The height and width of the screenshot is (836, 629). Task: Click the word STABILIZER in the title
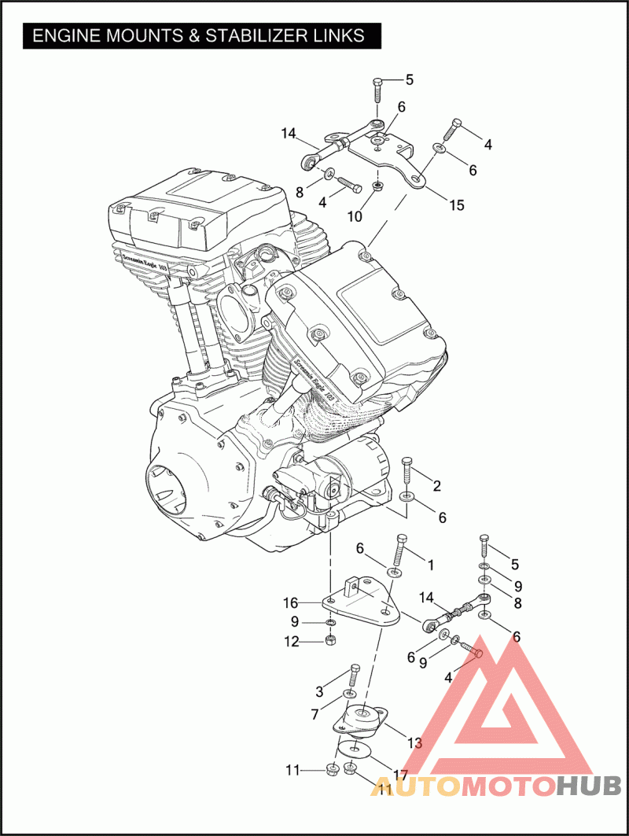256,35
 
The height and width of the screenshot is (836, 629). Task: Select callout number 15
457,205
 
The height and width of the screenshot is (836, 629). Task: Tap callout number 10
355,216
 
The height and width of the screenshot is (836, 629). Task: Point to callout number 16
290,603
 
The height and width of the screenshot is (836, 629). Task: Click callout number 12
292,642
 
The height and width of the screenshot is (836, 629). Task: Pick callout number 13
414,742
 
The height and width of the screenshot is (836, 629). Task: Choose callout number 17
400,775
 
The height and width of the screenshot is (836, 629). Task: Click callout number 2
437,486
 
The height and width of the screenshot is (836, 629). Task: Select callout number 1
431,565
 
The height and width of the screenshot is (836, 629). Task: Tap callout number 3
319,692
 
